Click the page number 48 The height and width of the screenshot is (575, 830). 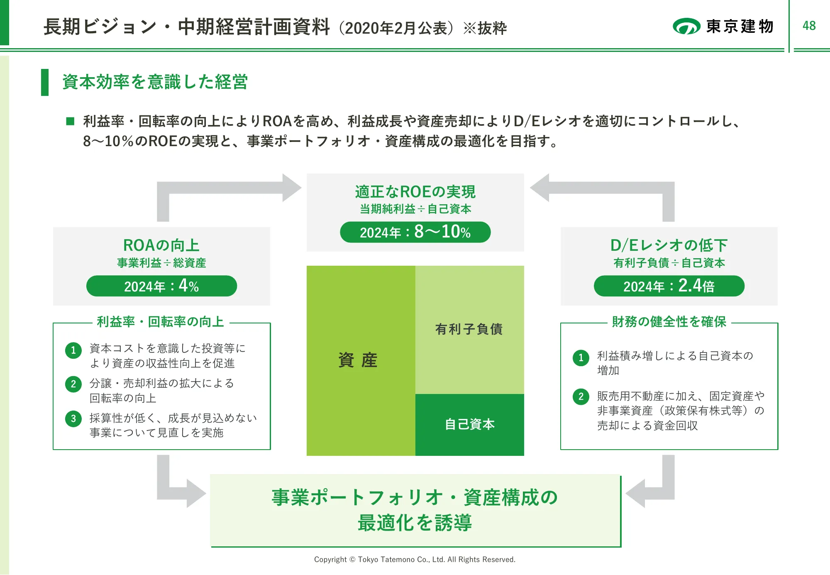809,26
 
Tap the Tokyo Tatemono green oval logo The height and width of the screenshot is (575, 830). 686,27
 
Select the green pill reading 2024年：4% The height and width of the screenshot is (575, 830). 161,286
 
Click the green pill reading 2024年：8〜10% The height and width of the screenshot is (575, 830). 415,232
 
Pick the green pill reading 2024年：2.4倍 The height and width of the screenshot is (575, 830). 669,286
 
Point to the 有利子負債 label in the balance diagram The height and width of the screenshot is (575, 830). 469,329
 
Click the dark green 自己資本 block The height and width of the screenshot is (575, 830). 469,424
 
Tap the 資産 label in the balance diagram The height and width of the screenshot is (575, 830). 358,360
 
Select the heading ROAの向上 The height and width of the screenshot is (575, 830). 161,245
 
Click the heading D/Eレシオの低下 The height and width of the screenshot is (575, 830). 669,245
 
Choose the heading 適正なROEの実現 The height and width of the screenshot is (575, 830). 415,192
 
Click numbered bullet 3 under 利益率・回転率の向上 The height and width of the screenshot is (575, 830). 73,418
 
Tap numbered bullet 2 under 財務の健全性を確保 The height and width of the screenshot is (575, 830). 581,396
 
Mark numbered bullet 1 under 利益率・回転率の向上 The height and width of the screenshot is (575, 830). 73,350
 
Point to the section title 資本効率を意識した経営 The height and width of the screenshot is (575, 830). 155,82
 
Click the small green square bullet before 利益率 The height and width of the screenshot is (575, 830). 70,121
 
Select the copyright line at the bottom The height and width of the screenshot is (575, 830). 415,560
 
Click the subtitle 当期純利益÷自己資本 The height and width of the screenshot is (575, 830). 415,209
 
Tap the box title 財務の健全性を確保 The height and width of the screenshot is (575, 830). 669,322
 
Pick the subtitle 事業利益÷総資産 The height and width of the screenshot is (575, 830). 161,263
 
